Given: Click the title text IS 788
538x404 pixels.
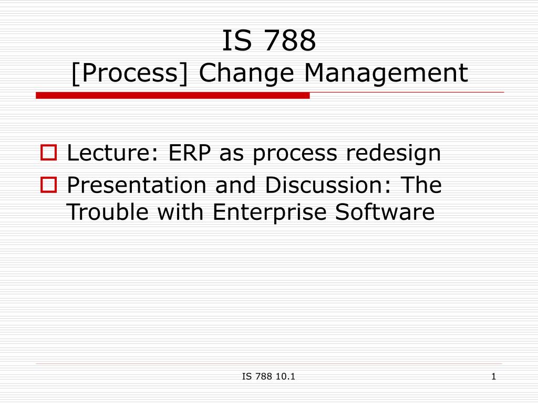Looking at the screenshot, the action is coord(269,40).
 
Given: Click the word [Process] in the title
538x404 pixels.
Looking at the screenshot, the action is coord(130,73).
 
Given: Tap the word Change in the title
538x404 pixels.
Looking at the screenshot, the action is coord(246,73).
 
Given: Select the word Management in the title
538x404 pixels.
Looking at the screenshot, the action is coord(386,73).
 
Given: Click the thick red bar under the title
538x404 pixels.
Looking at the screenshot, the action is coord(172,96).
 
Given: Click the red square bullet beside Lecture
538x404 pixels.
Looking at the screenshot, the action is coord(49,153).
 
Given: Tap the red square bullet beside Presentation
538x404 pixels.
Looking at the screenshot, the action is coord(49,185).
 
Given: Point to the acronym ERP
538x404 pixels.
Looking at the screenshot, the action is coord(190,153).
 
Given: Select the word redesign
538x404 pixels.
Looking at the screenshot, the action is coord(393,153).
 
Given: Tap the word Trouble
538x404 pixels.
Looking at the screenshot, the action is coord(107,211).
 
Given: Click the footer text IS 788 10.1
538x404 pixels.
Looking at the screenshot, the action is coord(268,377).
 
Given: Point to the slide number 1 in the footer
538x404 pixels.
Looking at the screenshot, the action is coord(494,377).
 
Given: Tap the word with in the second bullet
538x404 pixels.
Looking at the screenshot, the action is coord(181,211).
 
